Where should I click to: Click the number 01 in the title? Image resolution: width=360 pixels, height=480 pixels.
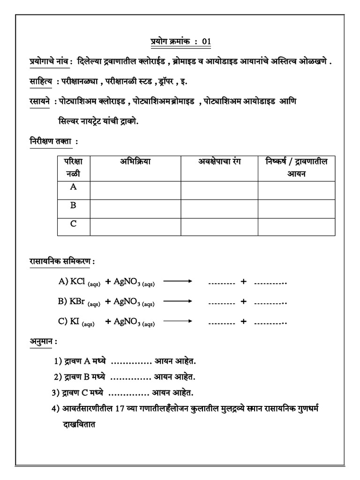[x=207, y=42]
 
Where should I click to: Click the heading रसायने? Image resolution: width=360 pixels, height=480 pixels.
[x=37, y=101]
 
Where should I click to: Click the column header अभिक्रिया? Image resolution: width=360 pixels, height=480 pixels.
[x=135, y=162]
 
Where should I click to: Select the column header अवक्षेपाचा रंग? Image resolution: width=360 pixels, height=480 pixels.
[x=219, y=162]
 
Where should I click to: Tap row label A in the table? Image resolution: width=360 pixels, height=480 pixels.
[x=73, y=187]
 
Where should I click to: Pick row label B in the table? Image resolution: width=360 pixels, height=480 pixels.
[x=73, y=205]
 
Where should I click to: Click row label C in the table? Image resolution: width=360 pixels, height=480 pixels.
[x=73, y=224]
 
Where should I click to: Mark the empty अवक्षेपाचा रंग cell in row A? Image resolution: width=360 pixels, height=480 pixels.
[x=219, y=190]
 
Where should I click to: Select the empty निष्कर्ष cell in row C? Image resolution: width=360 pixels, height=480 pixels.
[x=296, y=227]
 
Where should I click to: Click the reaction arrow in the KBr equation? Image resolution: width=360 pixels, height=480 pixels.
[x=178, y=301]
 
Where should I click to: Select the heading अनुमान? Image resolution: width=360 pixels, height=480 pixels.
[x=39, y=342]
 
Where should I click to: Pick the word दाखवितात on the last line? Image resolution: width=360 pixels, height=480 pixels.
[x=77, y=426]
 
